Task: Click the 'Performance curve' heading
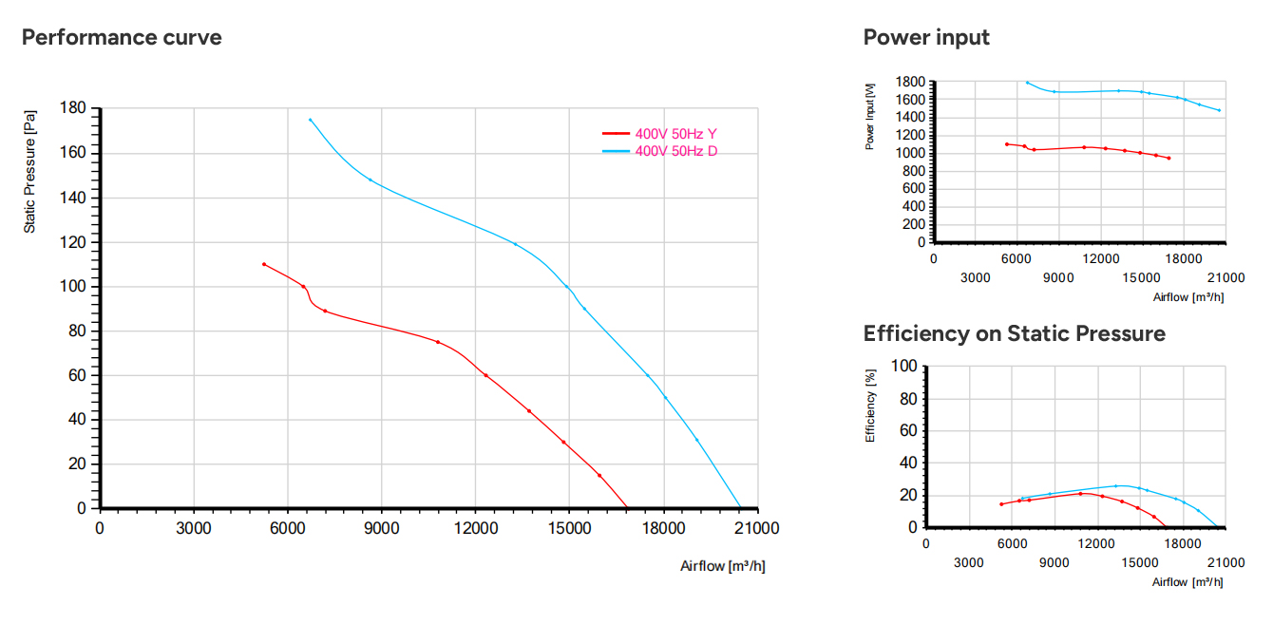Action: (122, 37)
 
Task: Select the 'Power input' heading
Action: (926, 37)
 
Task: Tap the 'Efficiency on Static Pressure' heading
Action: (1015, 333)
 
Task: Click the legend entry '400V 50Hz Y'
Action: (675, 134)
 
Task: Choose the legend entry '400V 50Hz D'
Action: (676, 151)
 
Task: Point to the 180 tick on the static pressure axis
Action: (73, 108)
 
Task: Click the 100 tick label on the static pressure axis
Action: (73, 287)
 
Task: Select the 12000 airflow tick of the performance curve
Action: (476, 528)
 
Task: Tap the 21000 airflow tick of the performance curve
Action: (756, 528)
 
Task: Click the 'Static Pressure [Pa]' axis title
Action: (29, 172)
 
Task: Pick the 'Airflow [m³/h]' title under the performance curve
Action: (723, 566)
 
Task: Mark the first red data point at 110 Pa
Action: (264, 264)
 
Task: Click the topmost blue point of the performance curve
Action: (311, 120)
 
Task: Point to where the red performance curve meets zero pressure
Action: (627, 507)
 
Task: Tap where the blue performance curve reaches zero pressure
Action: (740, 507)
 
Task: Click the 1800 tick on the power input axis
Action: (910, 82)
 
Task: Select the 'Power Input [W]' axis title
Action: (869, 117)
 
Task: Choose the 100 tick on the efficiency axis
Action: (903, 366)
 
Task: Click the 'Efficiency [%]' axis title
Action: (870, 406)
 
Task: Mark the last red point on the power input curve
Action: (1169, 158)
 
